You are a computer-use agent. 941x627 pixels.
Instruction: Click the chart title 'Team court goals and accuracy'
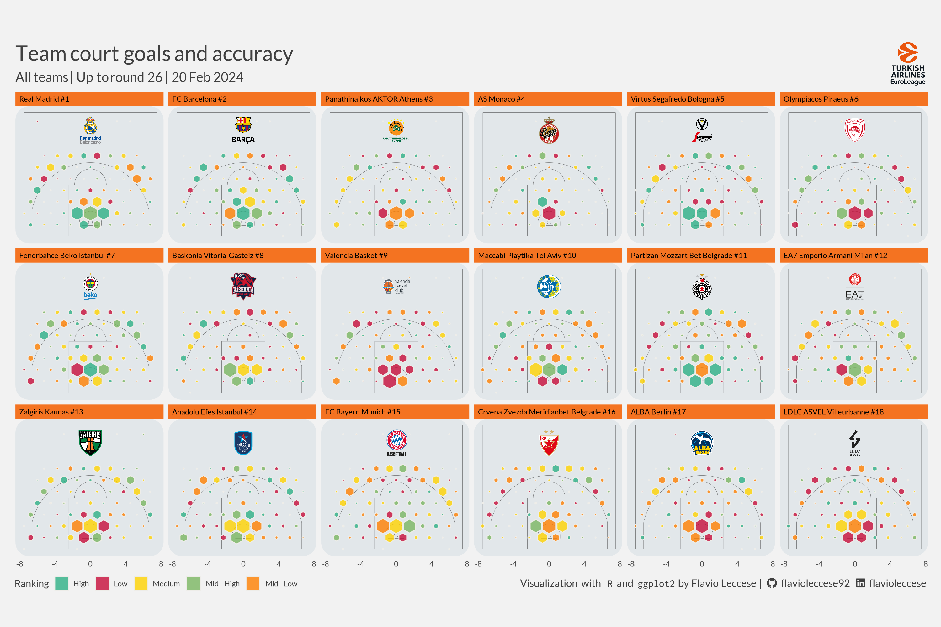pos(154,54)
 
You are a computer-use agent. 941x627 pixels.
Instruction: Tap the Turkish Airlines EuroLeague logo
pos(907,64)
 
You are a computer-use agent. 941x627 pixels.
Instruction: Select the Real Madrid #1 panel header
pos(89,99)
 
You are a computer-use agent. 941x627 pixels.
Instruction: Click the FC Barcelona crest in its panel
pos(243,125)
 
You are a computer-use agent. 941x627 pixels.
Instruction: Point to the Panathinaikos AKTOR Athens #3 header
pos(395,99)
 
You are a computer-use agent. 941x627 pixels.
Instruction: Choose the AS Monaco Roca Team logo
pos(549,131)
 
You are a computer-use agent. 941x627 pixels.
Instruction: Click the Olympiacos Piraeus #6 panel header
pos(853,99)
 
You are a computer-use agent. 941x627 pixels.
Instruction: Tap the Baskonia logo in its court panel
pos(243,286)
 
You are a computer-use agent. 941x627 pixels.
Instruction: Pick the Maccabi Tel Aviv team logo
pos(549,286)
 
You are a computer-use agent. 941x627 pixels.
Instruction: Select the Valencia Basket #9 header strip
pos(395,256)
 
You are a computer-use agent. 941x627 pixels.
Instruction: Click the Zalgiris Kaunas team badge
pos(90,442)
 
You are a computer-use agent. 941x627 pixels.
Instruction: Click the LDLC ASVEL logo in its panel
pos(854,443)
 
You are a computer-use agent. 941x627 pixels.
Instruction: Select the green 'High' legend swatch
pos(61,583)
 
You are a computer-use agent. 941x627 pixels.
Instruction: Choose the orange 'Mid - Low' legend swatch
pos(253,583)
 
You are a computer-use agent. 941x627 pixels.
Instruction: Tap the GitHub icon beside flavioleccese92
pos(771,583)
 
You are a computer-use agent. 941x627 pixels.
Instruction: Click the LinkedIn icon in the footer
pos(860,583)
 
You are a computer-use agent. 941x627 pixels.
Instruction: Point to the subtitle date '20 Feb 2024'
pos(207,77)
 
